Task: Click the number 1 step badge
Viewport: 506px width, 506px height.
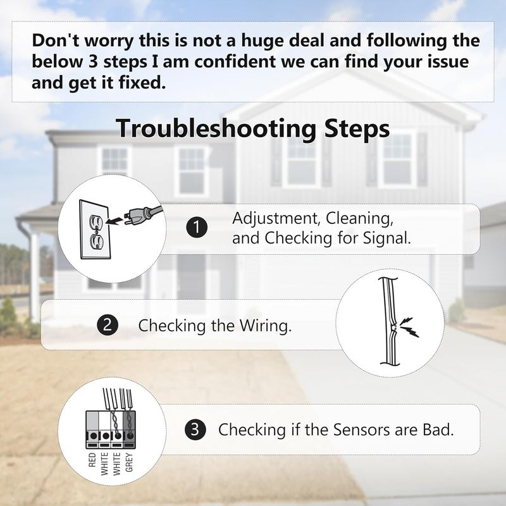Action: [197, 228]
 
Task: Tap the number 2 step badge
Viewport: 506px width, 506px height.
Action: [108, 324]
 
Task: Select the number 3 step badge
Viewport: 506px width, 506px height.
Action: [195, 429]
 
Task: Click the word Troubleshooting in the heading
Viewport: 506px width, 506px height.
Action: [216, 129]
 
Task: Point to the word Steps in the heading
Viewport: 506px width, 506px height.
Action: [357, 129]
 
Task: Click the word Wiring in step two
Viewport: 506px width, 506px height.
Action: [265, 325]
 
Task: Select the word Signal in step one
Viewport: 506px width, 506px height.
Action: [387, 238]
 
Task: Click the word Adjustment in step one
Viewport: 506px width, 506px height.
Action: [276, 219]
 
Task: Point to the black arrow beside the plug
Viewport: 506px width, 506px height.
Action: [114, 221]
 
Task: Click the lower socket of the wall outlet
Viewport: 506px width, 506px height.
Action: [96, 241]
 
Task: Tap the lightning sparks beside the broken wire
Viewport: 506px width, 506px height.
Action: [409, 327]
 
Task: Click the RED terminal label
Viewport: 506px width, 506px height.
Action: [92, 460]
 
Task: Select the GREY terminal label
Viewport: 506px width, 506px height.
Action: [129, 462]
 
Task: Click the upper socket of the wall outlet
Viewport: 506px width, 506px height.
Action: [96, 221]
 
